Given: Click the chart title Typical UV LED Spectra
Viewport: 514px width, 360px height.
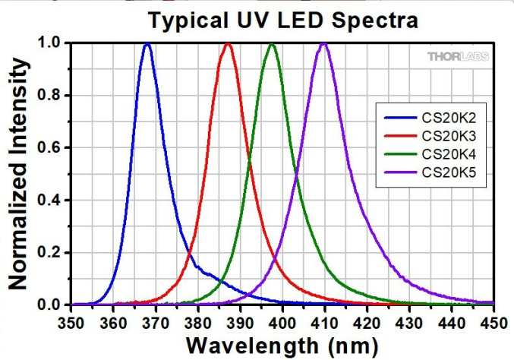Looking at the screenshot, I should pyautogui.click(x=282, y=21).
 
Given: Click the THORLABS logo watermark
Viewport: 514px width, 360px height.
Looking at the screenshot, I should pyautogui.click(x=458, y=57).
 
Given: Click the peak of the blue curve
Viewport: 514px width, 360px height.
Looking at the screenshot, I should pyautogui.click(x=147, y=44).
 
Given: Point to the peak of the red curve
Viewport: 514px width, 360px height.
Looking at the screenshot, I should pyautogui.click(x=227, y=44).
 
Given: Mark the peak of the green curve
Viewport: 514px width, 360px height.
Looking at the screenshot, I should pyautogui.click(x=272, y=44).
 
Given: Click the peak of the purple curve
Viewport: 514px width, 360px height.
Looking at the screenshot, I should pyautogui.click(x=324, y=44).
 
